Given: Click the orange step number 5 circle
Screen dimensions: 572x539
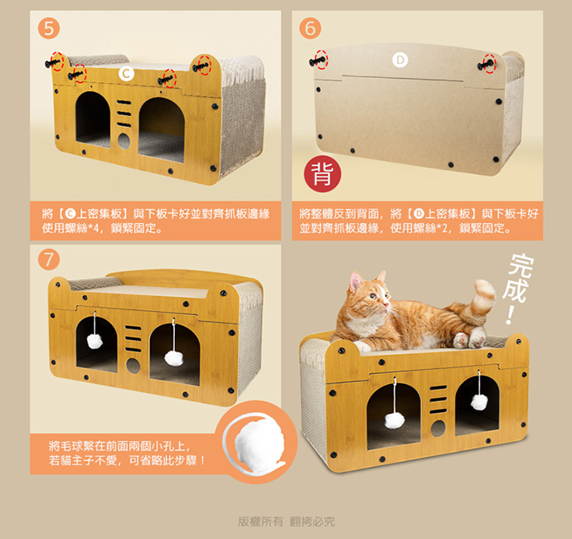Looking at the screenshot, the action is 49,27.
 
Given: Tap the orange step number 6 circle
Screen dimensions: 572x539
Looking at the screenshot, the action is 310,28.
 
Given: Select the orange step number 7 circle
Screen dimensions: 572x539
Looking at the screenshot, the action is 49,260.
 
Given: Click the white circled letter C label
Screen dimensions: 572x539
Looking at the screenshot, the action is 126,74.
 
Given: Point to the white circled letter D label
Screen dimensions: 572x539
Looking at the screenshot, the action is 400,61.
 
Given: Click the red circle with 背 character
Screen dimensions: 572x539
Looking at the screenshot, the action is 322,173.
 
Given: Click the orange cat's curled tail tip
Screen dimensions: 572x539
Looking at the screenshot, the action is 485,286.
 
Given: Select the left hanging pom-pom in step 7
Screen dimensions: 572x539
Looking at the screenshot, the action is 95,341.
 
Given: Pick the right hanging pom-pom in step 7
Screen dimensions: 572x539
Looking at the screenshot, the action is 173,358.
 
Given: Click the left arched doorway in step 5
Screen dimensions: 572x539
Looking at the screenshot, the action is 93,119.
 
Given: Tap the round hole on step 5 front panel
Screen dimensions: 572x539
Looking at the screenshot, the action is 124,141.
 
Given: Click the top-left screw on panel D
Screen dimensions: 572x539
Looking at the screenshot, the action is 318,61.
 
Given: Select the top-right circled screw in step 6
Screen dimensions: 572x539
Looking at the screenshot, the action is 487,64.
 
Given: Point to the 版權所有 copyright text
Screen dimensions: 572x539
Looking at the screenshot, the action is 260,522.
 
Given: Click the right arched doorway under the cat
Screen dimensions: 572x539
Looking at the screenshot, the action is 477,405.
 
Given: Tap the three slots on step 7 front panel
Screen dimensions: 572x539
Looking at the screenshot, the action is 133,338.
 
